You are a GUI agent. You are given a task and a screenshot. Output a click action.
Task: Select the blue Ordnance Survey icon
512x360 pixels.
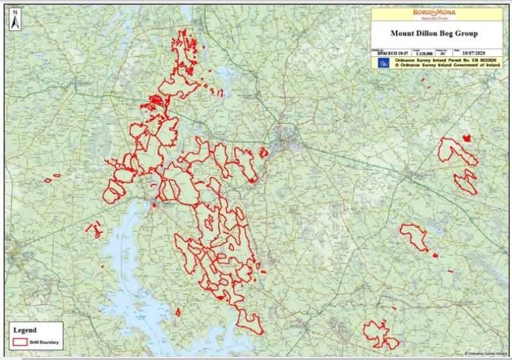383,63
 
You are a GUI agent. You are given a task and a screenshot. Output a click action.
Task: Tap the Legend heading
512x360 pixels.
26,331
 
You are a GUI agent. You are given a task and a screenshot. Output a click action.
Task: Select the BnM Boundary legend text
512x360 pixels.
44,343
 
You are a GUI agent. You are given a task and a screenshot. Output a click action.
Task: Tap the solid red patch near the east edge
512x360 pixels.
467,138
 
